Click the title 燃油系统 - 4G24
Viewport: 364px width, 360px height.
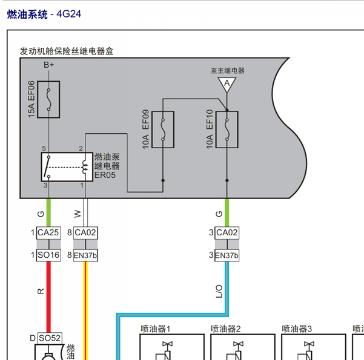point(44,14)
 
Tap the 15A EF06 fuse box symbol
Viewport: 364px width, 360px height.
point(48,99)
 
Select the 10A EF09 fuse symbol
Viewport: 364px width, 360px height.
point(163,129)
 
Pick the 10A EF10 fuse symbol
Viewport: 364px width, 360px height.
point(227,129)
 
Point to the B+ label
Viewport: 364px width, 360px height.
point(48,65)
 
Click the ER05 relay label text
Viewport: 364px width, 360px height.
point(105,175)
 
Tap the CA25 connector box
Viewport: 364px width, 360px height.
point(48,233)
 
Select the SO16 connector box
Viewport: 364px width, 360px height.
point(48,255)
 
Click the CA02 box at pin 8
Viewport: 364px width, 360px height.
point(85,233)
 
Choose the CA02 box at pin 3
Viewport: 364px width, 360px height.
point(227,233)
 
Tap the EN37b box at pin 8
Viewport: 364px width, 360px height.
point(85,255)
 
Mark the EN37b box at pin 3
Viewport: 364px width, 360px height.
point(227,255)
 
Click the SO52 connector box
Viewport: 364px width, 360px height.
point(50,338)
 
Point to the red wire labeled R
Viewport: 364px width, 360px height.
point(48,297)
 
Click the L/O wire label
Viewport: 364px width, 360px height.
point(219,292)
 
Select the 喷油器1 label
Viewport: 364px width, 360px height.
point(156,329)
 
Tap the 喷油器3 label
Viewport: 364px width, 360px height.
point(297,329)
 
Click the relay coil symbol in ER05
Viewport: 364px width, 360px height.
point(85,167)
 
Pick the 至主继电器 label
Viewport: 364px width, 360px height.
point(228,71)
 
